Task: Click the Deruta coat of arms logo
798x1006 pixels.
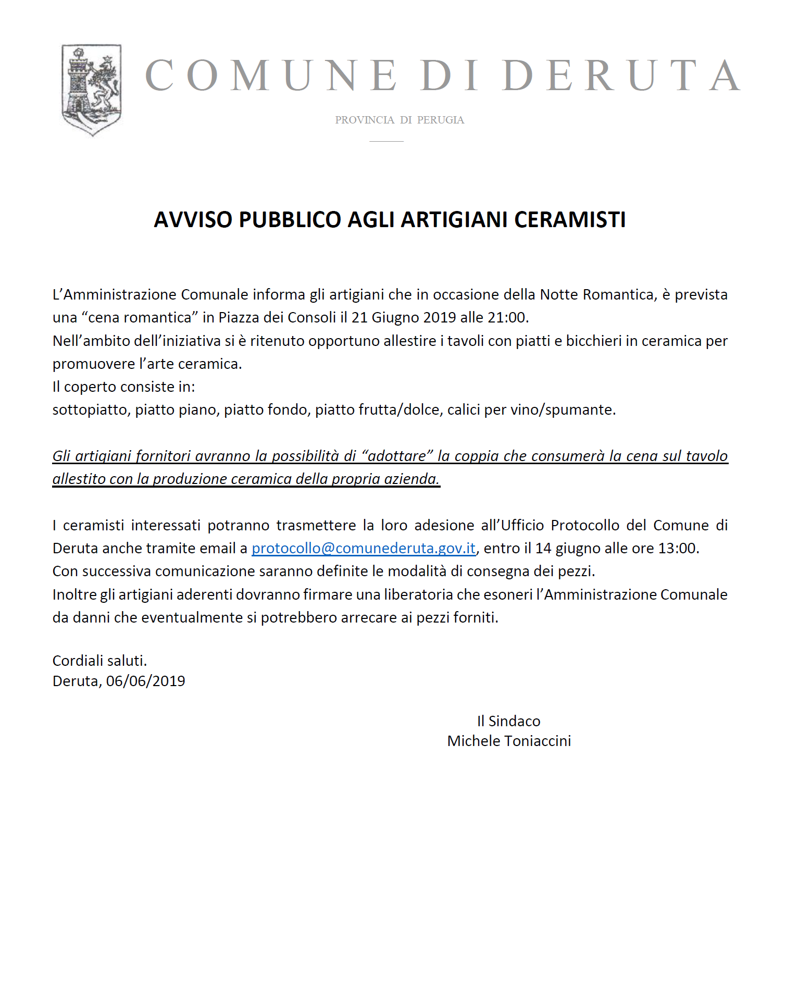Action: pos(92,90)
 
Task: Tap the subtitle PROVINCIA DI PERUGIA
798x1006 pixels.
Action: pos(400,120)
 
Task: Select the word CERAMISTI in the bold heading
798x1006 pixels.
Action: pos(570,220)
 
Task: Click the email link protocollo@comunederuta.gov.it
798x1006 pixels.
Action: pos(363,548)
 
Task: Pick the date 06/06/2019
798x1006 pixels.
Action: pos(146,681)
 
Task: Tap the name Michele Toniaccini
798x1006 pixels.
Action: pos(509,741)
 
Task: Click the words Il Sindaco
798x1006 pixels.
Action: pos(509,721)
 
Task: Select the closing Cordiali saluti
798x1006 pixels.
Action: pos(99,661)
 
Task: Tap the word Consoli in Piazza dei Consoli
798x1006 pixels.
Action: pos(312,317)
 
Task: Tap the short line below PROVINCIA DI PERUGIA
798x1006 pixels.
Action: pos(386,141)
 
